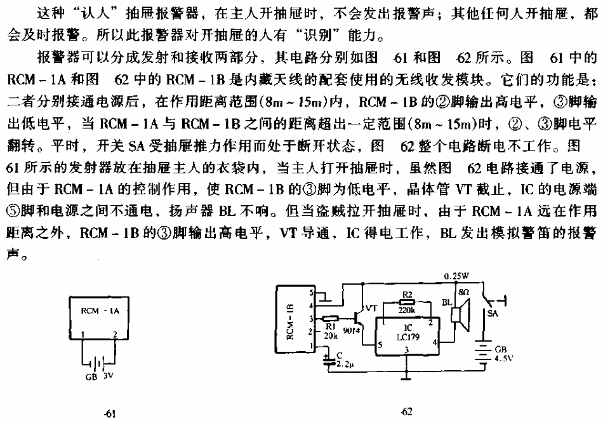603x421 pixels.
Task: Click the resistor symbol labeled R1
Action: pos(330,318)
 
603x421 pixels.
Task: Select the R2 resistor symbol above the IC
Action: pos(407,302)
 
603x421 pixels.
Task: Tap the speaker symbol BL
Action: pos(460,315)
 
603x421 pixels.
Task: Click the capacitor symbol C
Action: pos(328,361)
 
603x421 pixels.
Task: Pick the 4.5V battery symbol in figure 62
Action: pos(484,353)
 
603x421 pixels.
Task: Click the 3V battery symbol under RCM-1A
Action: pos(99,363)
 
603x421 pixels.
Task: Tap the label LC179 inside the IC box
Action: pos(408,337)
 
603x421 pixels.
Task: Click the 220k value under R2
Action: pos(406,310)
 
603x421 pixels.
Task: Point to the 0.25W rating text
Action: pos(456,276)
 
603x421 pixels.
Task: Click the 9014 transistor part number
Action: pos(351,331)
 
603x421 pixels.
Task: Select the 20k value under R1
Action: pos(330,335)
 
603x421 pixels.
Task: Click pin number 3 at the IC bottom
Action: pos(406,349)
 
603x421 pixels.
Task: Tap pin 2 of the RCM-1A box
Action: pos(115,335)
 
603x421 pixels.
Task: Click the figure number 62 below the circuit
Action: pos(406,411)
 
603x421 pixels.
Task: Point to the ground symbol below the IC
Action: pos(406,376)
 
